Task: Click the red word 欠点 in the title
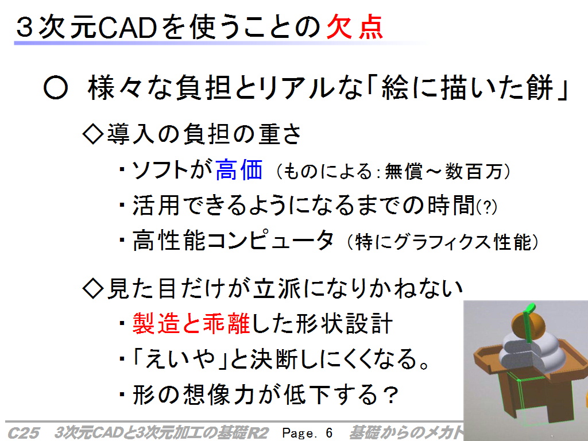(x=355, y=27)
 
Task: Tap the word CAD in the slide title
(x=127, y=28)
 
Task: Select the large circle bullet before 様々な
(x=56, y=88)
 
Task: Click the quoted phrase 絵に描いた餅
(x=467, y=88)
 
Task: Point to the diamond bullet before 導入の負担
(x=92, y=134)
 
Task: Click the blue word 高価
(x=239, y=170)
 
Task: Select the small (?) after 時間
(x=487, y=207)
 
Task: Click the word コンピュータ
(x=270, y=240)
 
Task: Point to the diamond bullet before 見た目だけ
(x=92, y=288)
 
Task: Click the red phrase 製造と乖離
(x=191, y=323)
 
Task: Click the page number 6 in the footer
(x=329, y=433)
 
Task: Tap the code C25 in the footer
(x=23, y=433)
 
